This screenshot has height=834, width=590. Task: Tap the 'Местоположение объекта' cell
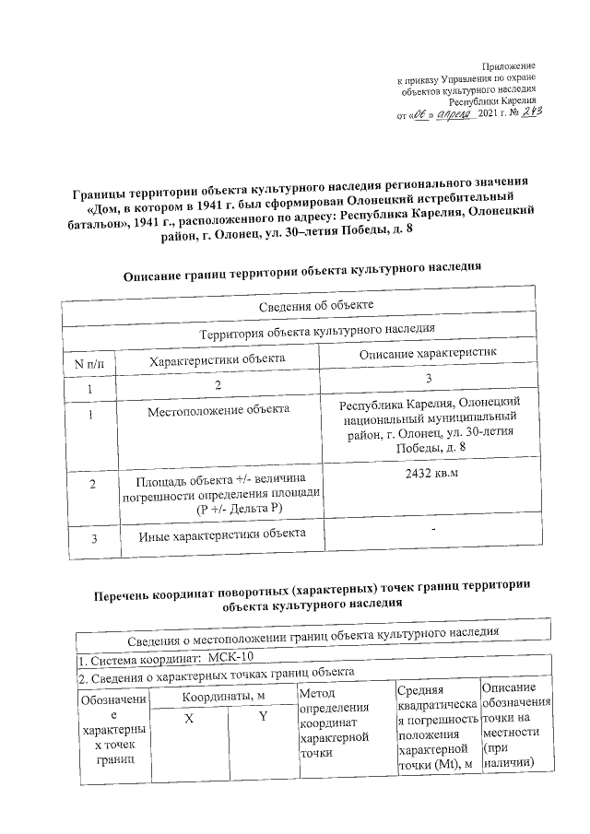tap(219, 409)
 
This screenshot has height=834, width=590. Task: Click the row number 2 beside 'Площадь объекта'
tap(91, 484)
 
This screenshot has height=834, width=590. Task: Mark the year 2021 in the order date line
tap(487, 114)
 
